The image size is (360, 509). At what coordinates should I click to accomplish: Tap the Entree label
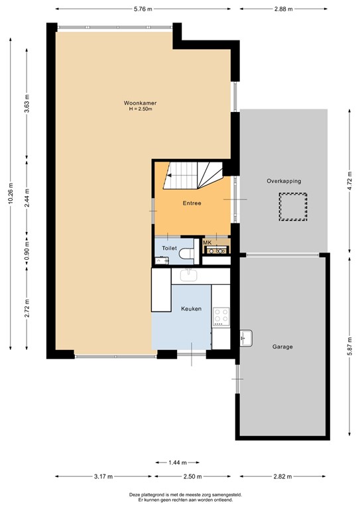pyautogui.click(x=192, y=203)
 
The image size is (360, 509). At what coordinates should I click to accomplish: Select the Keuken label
pyautogui.click(x=191, y=309)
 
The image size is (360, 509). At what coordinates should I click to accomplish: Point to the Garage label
pyautogui.click(x=282, y=347)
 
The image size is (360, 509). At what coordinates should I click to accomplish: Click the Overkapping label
pyautogui.click(x=284, y=181)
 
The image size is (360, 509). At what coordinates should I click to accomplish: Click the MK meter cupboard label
pyautogui.click(x=207, y=243)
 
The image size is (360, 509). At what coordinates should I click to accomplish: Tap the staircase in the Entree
pyautogui.click(x=193, y=176)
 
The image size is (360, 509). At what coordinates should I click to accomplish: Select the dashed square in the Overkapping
pyautogui.click(x=292, y=207)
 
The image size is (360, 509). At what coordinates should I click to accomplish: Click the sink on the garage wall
pyautogui.click(x=247, y=338)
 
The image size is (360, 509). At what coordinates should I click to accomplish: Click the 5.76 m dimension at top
pyautogui.click(x=143, y=9)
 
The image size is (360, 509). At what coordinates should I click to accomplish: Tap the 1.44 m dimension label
pyautogui.click(x=177, y=463)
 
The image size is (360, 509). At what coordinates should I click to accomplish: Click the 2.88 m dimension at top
pyautogui.click(x=283, y=9)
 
